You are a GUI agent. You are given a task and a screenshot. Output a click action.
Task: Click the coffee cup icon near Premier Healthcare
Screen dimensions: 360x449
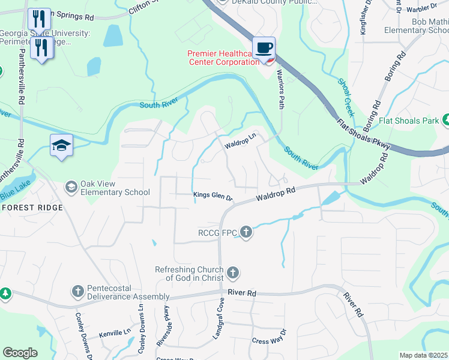pos(263,48)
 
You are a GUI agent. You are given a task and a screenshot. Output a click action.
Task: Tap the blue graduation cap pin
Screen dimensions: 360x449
pos(62,145)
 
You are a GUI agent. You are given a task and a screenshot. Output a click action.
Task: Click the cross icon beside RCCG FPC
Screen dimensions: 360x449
pos(246,232)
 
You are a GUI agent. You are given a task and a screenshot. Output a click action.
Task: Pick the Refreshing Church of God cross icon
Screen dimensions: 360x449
pos(233,274)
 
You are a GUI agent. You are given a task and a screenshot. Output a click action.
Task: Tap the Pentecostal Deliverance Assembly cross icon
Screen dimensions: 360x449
pos(77,292)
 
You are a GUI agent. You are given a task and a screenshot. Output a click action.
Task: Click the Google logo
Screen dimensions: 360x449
pos(20,353)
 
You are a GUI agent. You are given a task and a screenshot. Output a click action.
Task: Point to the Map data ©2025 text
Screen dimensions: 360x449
pos(423,355)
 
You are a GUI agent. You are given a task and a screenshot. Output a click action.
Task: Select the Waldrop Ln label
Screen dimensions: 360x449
pos(240,145)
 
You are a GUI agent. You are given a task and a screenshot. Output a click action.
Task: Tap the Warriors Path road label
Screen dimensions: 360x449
pos(280,89)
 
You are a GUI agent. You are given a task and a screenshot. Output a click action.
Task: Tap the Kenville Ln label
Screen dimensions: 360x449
pos(115,332)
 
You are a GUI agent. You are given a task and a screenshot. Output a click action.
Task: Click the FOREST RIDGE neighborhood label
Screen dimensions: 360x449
pos(32,208)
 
